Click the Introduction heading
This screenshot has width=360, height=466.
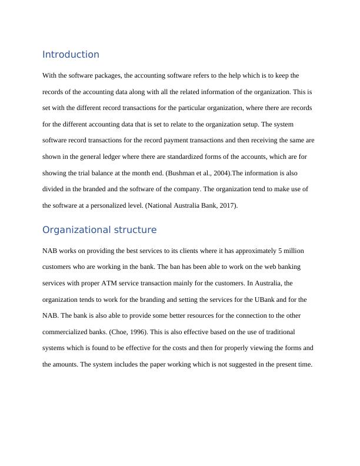pyautogui.click(x=71, y=55)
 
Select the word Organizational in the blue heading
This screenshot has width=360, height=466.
pyautogui.click(x=78, y=229)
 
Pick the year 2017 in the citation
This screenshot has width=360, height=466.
pyautogui.click(x=224, y=206)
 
